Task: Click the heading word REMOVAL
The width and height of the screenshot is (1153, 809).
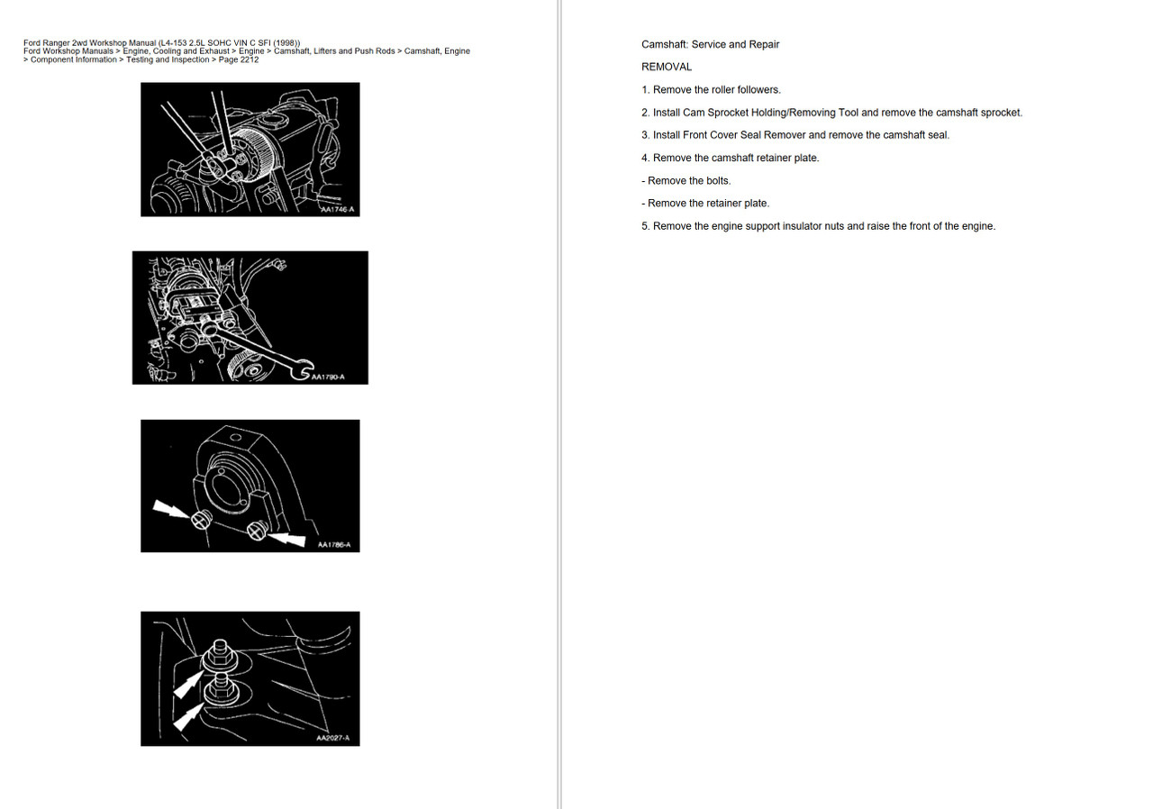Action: [x=667, y=67]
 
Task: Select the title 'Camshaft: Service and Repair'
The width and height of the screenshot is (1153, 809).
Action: [x=710, y=44]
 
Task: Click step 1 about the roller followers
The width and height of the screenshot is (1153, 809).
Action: [x=711, y=90]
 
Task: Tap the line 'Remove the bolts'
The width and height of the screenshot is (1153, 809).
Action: [x=686, y=181]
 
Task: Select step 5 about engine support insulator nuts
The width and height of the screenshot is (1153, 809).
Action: [x=818, y=226]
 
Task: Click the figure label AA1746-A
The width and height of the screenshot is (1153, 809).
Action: [x=338, y=209]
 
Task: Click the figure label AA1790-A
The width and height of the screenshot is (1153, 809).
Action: [x=328, y=377]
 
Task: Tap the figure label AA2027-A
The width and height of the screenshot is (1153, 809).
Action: [x=332, y=739]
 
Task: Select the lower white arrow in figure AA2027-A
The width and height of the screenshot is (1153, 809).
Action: [x=186, y=716]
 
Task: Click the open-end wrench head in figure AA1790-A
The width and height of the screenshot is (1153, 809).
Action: [x=300, y=370]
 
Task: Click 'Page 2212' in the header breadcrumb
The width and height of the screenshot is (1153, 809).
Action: [x=238, y=60]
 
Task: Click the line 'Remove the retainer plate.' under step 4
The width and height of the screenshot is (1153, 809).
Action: [x=705, y=204]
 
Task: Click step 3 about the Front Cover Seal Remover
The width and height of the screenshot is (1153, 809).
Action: [x=795, y=135]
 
